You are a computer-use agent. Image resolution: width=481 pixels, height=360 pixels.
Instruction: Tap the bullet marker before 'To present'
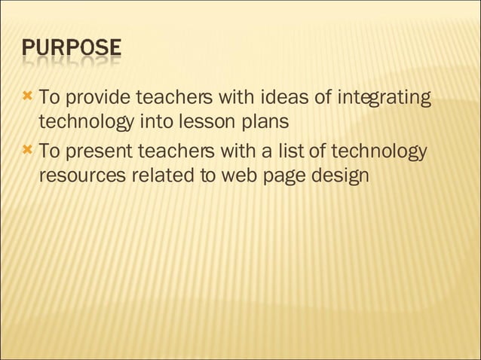[x=28, y=151]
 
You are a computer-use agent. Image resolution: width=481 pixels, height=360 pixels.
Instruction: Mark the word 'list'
[x=290, y=152]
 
